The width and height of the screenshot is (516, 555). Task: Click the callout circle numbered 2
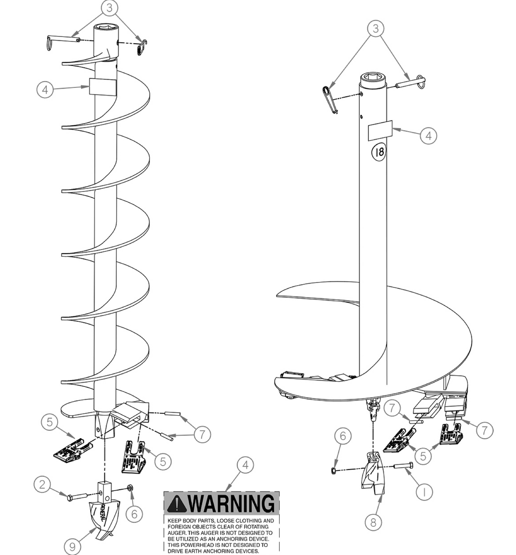tap(42, 484)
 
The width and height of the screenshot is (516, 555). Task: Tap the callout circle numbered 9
tap(72, 547)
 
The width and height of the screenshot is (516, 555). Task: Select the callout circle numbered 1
tap(424, 492)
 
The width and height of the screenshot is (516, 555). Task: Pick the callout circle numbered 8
tap(373, 522)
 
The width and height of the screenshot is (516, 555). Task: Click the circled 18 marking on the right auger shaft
tap(379, 152)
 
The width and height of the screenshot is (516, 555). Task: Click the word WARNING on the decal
tap(232, 504)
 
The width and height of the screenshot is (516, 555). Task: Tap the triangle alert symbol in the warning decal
tap(176, 504)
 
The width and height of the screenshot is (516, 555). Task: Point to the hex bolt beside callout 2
tap(77, 496)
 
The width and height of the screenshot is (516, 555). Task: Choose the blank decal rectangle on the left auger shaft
tap(102, 87)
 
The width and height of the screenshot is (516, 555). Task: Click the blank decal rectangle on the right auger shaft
tap(380, 130)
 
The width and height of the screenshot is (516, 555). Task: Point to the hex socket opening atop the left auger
tap(105, 27)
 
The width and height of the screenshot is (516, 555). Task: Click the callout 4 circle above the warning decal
tap(245, 465)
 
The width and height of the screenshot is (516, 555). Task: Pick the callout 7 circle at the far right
tap(484, 430)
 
